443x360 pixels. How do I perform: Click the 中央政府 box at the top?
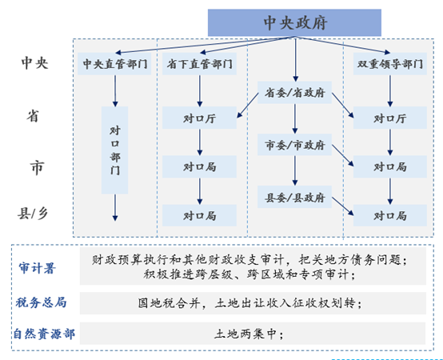point(294,22)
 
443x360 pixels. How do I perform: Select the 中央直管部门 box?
point(114,64)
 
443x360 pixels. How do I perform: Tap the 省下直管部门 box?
point(199,64)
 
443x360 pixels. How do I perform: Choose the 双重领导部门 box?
point(390,64)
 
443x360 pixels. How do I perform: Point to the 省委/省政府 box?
point(294,93)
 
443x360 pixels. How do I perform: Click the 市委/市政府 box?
point(294,145)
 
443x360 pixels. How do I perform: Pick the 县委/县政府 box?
point(294,197)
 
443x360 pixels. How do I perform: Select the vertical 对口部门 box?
point(114,150)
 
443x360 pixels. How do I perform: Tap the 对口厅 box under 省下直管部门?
point(199,118)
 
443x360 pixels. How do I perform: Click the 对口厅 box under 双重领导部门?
point(390,118)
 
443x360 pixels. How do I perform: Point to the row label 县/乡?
point(33,214)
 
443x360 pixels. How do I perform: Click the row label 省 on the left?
point(33,116)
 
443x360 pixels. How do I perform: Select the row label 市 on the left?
point(37,167)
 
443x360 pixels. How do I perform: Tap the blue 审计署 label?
point(37,268)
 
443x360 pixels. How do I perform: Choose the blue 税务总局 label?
point(42,302)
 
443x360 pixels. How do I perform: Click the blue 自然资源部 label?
point(44,334)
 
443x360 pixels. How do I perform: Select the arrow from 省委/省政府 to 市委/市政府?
point(295,118)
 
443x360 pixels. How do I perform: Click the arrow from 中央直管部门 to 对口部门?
point(115,91)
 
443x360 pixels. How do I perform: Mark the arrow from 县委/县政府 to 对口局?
point(343,206)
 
